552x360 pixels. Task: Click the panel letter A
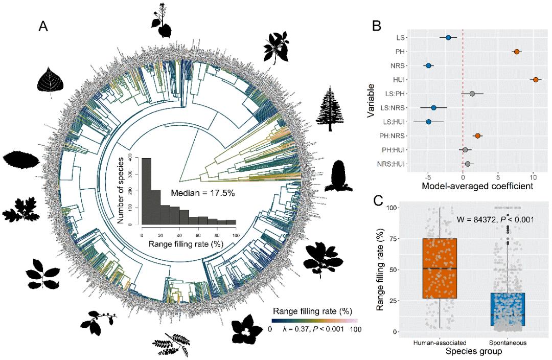point(43,27)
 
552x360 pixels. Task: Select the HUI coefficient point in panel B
point(535,80)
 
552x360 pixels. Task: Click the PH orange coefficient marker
point(517,52)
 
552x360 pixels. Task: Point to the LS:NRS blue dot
point(433,108)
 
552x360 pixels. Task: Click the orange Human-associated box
point(440,268)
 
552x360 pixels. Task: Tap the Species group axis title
point(473,352)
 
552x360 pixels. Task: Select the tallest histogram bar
point(146,192)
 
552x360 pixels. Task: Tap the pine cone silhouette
point(339,176)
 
